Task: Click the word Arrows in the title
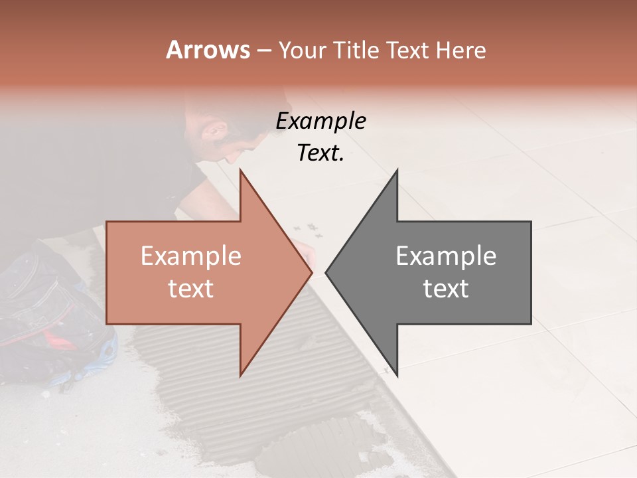point(208,50)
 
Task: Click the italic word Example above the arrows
point(320,121)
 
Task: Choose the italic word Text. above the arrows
point(320,153)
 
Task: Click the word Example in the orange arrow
point(190,256)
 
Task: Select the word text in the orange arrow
point(190,289)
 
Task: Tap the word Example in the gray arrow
point(446,256)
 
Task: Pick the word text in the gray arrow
point(446,289)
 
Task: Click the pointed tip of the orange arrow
point(311,272)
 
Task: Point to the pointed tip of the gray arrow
point(326,272)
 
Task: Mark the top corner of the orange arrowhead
point(240,171)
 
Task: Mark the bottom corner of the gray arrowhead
point(397,374)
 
